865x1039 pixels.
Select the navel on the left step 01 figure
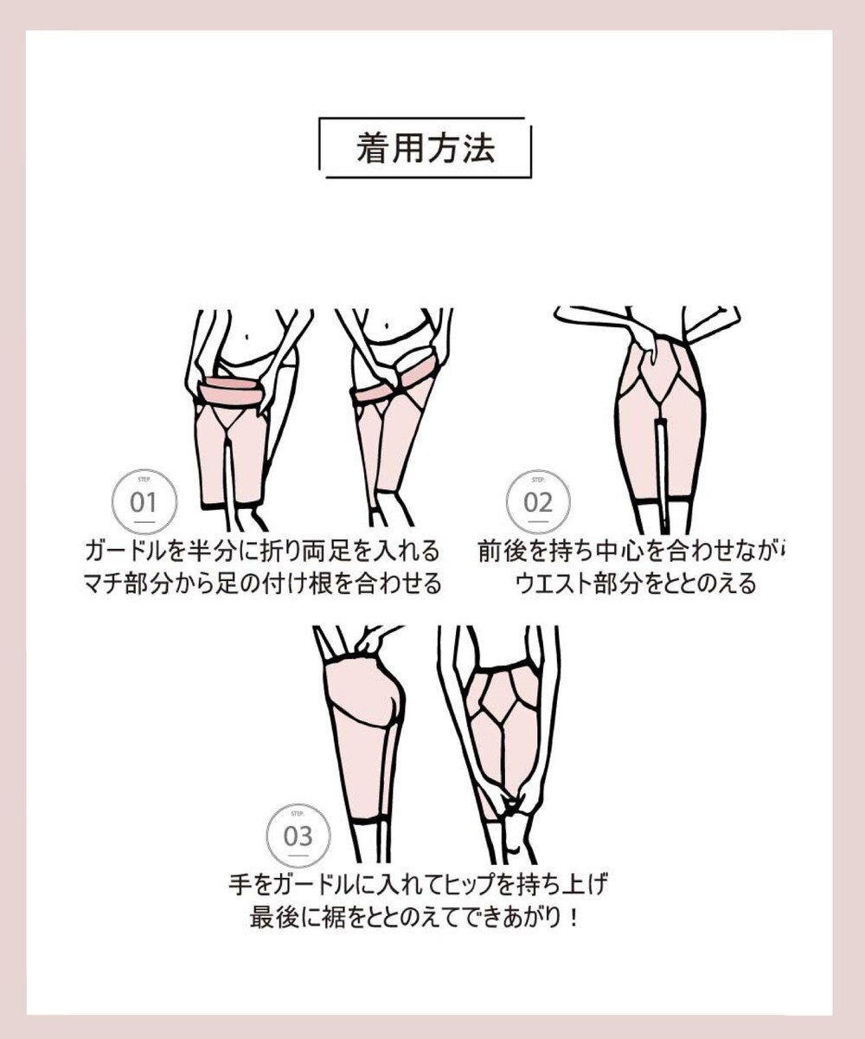[250, 332]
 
